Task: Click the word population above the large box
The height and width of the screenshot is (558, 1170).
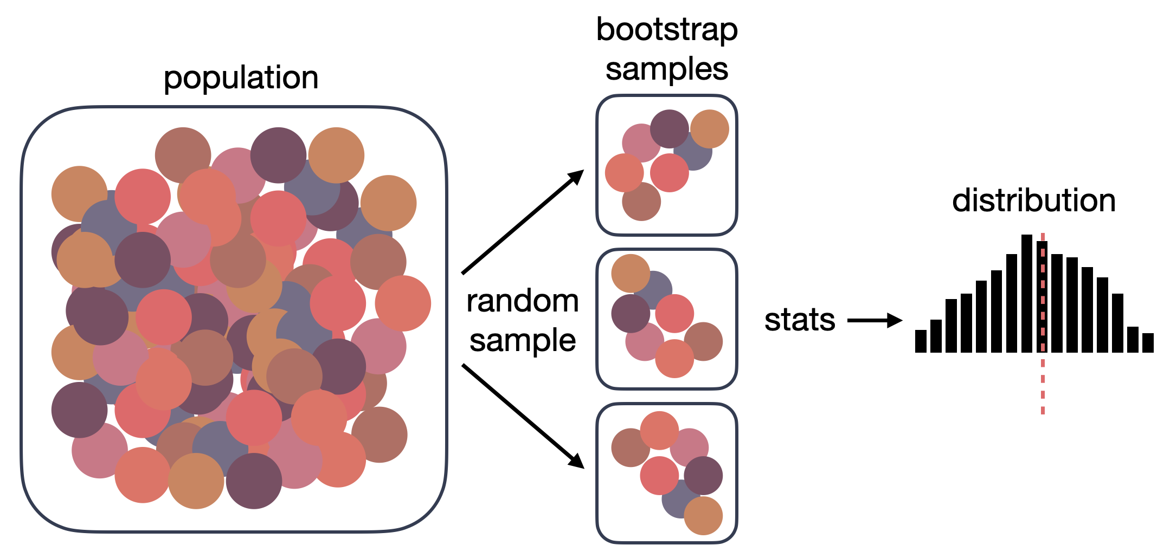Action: (241, 79)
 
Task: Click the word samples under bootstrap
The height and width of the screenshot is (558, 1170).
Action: (666, 70)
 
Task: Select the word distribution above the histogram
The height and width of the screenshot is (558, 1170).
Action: (1033, 201)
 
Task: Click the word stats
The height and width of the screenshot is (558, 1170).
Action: (800, 320)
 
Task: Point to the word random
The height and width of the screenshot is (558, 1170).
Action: (522, 301)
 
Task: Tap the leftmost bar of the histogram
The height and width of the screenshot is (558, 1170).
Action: (921, 341)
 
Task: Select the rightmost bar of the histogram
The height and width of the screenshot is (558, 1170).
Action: (1148, 343)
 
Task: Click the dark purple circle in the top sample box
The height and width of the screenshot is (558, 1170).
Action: (669, 129)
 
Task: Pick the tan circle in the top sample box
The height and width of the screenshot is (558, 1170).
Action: (710, 129)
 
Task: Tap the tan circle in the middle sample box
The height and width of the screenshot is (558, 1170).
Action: (630, 272)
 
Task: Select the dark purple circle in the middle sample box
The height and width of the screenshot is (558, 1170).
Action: (630, 314)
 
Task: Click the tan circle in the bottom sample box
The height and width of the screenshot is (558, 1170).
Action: (703, 516)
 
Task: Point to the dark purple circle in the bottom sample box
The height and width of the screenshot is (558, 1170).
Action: (703, 476)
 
